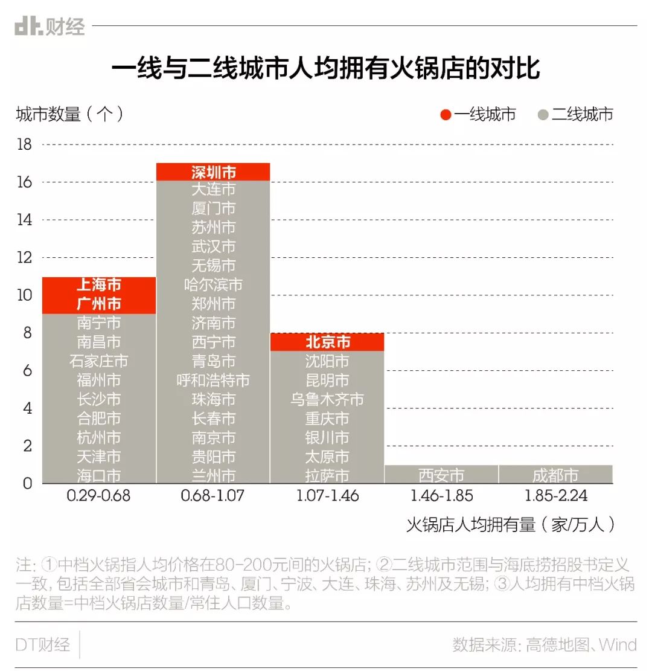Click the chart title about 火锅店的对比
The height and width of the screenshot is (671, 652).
coord(325,69)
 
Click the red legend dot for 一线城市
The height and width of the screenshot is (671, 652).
coord(446,114)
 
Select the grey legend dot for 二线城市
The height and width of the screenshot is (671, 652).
coord(543,114)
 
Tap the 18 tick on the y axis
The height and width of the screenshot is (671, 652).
coord(24,144)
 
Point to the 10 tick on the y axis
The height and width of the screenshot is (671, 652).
coord(24,295)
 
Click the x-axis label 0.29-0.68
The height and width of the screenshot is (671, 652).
coord(98,496)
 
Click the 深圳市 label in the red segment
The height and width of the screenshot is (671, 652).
coord(213,172)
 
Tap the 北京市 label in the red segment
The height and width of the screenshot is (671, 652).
coord(327,342)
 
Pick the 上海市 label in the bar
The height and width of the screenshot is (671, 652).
coord(99,286)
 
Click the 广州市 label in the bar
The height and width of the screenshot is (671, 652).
coord(99,304)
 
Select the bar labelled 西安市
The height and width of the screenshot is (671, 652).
coord(441,475)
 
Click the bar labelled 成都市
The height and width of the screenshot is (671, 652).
coord(555,475)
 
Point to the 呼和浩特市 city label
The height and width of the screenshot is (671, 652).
coord(213,380)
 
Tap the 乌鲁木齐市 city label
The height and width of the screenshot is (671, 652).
coord(327,399)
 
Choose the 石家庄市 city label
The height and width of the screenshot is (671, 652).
coord(99,361)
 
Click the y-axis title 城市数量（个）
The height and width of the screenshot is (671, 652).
coord(70,114)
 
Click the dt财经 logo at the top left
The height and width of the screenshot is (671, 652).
coord(50,26)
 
